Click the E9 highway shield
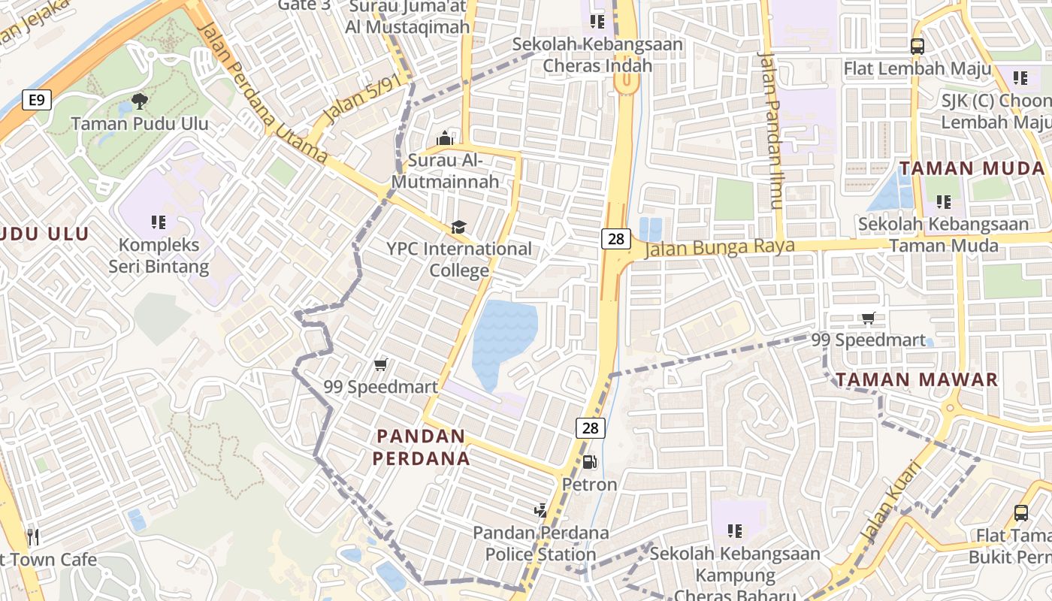(36, 100)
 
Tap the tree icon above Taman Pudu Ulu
(139, 101)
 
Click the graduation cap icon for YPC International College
(458, 227)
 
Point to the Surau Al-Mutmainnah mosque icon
(445, 139)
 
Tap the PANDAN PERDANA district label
(422, 447)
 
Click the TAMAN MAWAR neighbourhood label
(917, 379)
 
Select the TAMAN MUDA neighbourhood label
(972, 168)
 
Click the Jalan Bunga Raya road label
(719, 247)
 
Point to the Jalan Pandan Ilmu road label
(771, 131)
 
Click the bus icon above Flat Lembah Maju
(917, 46)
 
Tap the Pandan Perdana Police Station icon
(540, 511)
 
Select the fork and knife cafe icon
(32, 536)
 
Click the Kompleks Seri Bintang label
(159, 255)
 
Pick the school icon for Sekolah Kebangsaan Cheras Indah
(597, 21)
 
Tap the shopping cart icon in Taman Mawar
(869, 319)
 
